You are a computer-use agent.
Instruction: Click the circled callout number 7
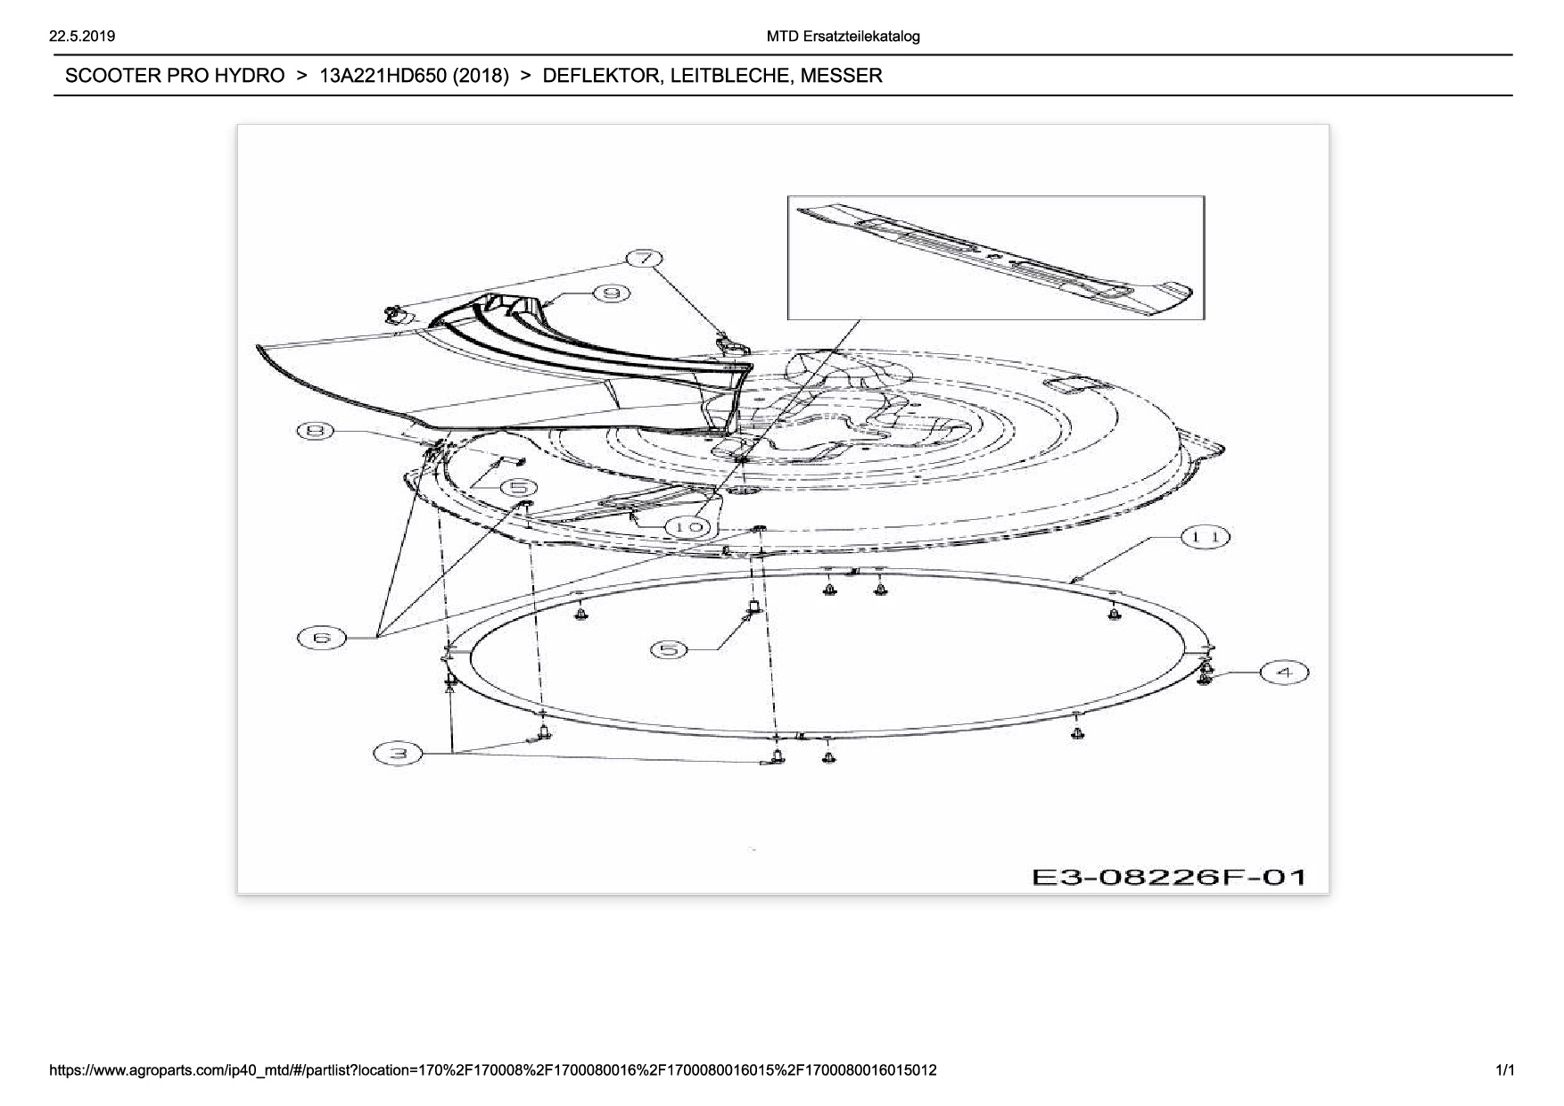point(645,260)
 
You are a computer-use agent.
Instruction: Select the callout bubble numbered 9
point(612,293)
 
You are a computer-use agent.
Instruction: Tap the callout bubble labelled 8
point(315,432)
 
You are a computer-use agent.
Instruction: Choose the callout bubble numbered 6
point(322,638)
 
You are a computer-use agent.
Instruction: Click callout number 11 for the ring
point(1206,537)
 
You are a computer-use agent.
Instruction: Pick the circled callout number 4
point(1284,673)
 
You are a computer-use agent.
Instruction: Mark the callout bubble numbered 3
point(398,754)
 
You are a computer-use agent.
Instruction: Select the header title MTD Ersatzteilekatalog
point(843,37)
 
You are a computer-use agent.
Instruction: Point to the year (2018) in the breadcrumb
point(481,76)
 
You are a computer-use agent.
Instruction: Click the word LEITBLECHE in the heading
point(730,76)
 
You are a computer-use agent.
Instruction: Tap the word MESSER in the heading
point(841,76)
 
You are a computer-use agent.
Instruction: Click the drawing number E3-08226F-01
point(1169,877)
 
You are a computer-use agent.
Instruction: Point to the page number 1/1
point(1505,1069)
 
